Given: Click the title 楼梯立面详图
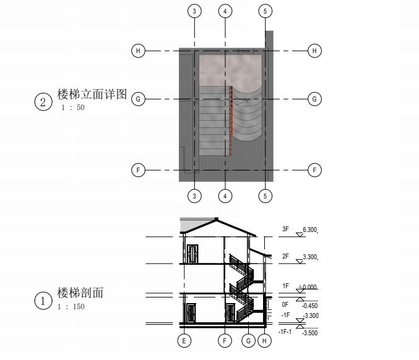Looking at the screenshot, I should (x=92, y=95).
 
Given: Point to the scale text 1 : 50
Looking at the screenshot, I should (x=72, y=108).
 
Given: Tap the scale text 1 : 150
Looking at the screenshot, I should (x=71, y=307).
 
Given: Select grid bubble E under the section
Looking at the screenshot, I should (x=183, y=340).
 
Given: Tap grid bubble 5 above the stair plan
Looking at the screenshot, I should (x=266, y=11).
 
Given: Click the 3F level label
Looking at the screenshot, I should (x=285, y=229).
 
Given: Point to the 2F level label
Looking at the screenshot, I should (x=285, y=256).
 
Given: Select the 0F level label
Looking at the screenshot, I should (x=285, y=304).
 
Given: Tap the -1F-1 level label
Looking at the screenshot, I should (x=284, y=332).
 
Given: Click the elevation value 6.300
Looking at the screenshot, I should (x=310, y=230).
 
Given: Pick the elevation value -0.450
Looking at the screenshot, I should (x=309, y=306).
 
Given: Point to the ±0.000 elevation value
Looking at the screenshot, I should (x=308, y=287).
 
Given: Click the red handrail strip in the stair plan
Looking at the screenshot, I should (x=231, y=111).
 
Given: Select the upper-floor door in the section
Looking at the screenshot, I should (x=192, y=254).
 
